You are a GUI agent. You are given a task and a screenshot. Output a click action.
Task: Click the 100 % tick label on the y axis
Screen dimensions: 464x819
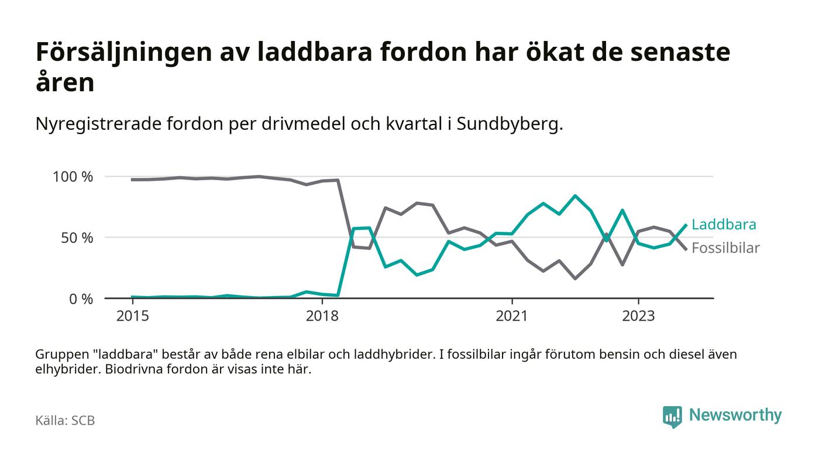pos(73,177)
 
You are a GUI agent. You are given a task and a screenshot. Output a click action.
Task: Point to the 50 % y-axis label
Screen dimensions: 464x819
pos(76,238)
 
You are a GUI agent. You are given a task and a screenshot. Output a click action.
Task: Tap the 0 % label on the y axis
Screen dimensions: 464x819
pos(81,299)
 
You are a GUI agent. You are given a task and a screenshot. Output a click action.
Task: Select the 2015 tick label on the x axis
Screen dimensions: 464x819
pos(133,316)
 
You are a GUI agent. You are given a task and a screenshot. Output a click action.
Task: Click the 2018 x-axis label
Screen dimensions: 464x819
pos(322,316)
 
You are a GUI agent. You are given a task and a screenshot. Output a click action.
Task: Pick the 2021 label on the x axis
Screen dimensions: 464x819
pos(512,316)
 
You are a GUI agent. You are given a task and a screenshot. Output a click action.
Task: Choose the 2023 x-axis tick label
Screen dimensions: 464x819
pos(638,316)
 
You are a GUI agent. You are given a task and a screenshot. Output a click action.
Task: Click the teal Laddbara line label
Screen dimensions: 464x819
pos(724,225)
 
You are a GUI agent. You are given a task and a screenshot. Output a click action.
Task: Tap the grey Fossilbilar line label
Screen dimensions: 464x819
pos(725,248)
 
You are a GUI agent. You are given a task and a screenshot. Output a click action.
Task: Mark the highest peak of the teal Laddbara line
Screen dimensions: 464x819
pos(575,196)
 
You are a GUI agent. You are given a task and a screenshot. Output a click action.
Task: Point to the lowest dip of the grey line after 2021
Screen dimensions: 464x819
pos(575,279)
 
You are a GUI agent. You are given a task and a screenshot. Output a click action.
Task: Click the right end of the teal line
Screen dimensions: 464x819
pos(686,225)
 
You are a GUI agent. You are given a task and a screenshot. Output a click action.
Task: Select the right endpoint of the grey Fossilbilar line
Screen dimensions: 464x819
pos(686,249)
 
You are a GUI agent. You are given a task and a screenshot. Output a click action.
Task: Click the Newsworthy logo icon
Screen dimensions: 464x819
pos(672,416)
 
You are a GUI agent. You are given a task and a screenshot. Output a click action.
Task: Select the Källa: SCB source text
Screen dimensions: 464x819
pos(65,421)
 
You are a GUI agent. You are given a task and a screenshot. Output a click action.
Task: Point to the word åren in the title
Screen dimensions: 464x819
pos(65,83)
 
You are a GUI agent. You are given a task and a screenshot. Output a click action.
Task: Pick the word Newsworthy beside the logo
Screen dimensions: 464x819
pos(735,415)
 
